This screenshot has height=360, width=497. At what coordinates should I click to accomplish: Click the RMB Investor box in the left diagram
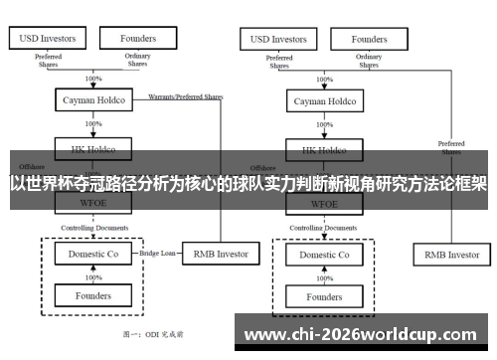[x=220, y=254]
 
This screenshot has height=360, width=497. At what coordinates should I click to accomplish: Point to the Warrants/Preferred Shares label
[x=185, y=97]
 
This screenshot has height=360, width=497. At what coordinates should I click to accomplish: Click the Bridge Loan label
[x=157, y=254]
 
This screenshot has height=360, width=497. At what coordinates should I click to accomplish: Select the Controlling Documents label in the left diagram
[x=94, y=228]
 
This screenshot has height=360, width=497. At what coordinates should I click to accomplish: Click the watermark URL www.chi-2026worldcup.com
[x=359, y=334]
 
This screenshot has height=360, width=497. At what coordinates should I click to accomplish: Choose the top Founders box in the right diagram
[x=370, y=39]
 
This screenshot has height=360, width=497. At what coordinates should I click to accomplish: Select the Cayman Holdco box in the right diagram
[x=324, y=101]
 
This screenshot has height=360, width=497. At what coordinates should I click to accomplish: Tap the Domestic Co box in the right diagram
[x=324, y=255]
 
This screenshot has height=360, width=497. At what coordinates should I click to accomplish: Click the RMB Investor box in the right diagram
[x=451, y=255]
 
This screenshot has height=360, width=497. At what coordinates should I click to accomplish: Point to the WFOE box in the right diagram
[x=324, y=204]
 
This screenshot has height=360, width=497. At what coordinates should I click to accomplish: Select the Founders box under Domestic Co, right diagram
[x=324, y=296]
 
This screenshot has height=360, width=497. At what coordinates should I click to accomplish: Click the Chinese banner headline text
[x=248, y=184]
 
